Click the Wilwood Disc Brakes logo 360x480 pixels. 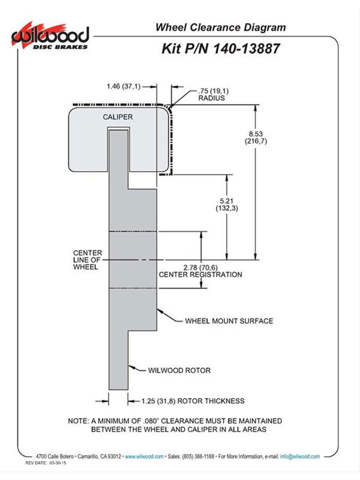[50, 36]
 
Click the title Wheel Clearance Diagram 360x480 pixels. [220, 27]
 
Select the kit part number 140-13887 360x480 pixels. [246, 49]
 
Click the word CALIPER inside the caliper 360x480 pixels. [118, 117]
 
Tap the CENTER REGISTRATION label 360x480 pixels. [200, 275]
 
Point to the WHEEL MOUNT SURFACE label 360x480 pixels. [229, 321]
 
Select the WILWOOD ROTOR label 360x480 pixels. [179, 370]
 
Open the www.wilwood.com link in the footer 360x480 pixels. [144, 457]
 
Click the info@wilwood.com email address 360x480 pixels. [300, 457]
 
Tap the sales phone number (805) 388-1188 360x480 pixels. [198, 457]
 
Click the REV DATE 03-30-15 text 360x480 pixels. [46, 463]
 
